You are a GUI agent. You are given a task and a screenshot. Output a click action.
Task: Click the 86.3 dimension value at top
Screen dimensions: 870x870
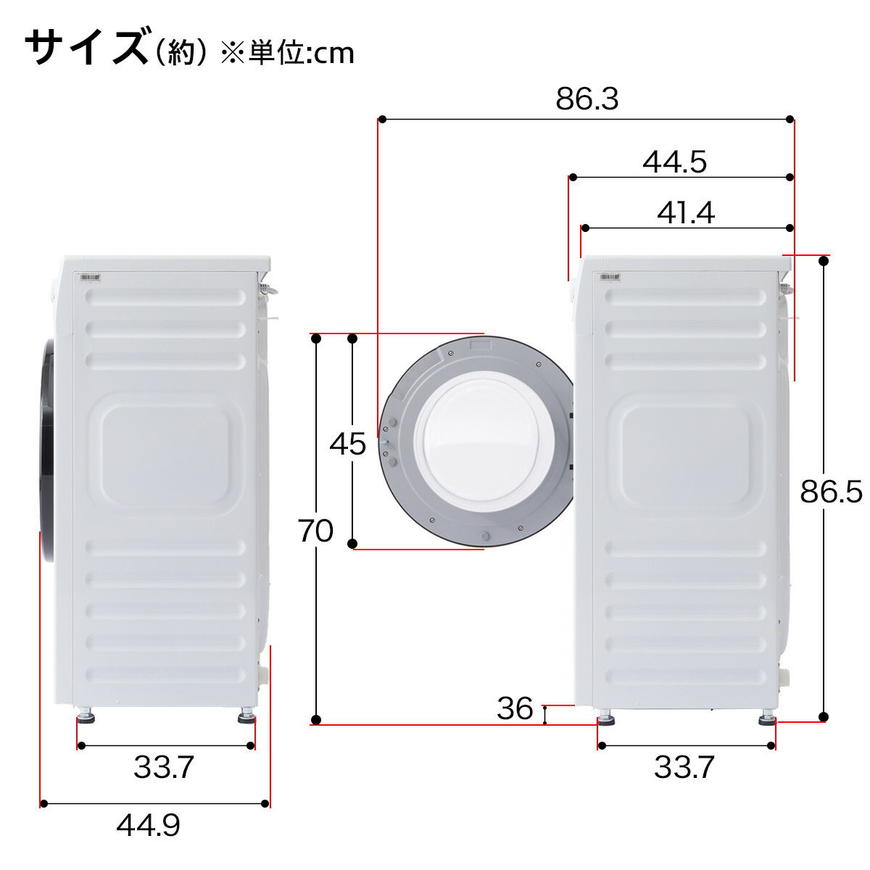pyautogui.click(x=587, y=99)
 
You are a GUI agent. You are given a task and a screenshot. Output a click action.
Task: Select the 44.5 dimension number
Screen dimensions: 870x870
pyautogui.click(x=674, y=162)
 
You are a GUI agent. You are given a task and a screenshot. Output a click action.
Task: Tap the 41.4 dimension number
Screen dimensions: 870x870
pyautogui.click(x=686, y=213)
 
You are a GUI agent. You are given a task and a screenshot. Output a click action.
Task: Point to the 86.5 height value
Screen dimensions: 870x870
pyautogui.click(x=831, y=492)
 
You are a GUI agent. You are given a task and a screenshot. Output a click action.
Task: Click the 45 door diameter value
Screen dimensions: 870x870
pyautogui.click(x=347, y=444)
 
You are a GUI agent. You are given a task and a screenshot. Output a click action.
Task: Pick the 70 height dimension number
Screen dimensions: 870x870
pyautogui.click(x=315, y=531)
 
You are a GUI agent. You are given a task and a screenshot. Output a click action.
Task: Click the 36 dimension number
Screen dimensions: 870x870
pyautogui.click(x=515, y=708)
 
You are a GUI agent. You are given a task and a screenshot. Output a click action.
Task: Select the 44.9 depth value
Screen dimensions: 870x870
pyautogui.click(x=149, y=825)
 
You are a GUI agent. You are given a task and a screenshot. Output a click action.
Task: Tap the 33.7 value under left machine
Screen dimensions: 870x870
pyautogui.click(x=164, y=767)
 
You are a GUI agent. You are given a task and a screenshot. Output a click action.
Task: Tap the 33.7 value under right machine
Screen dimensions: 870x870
pyautogui.click(x=684, y=767)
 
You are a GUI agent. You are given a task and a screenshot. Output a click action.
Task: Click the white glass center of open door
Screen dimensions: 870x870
pyautogui.click(x=484, y=442)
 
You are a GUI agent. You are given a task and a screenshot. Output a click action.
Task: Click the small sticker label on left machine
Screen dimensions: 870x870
pyautogui.click(x=90, y=277)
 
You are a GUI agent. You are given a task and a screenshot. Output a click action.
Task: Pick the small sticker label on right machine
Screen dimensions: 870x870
pyautogui.click(x=608, y=277)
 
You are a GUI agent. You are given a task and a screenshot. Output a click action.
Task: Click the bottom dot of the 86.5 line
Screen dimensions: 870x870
pyautogui.click(x=823, y=717)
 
